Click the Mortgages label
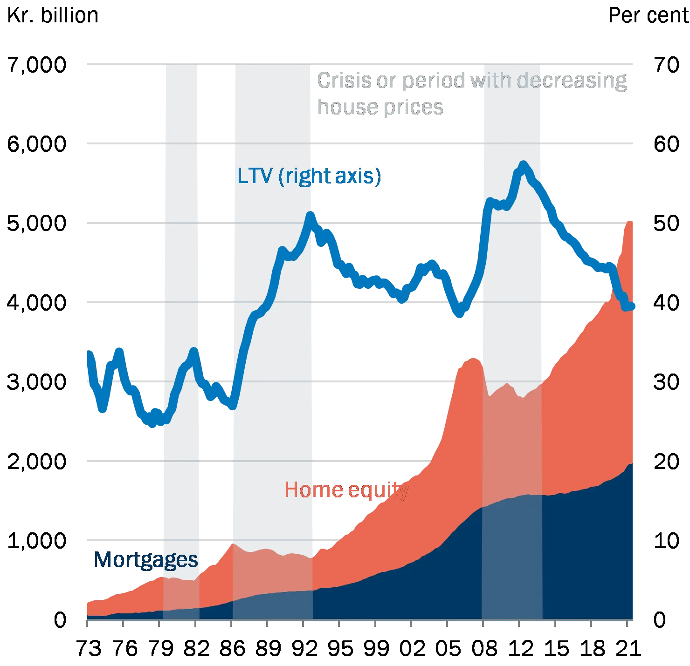(x=145, y=560)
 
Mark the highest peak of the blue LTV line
(x=523, y=164)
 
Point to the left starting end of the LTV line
(x=89, y=352)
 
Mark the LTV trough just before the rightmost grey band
(x=460, y=315)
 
